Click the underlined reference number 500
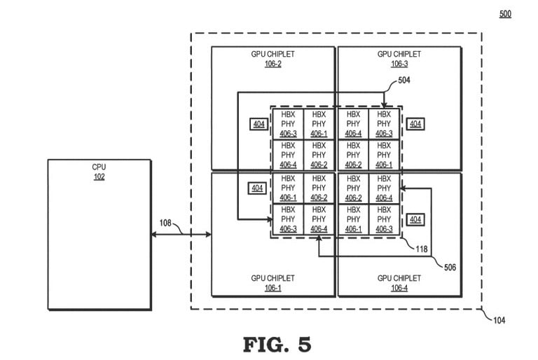pyautogui.click(x=505, y=14)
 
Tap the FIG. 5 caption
pyautogui.click(x=277, y=344)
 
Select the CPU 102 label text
pyautogui.click(x=99, y=172)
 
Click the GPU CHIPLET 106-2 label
pyautogui.click(x=273, y=59)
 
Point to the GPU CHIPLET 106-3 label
pyautogui.click(x=399, y=59)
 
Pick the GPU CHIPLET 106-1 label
pyautogui.click(x=273, y=283)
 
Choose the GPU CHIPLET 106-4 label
pyautogui.click(x=399, y=283)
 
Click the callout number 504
pyautogui.click(x=403, y=80)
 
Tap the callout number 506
pyautogui.click(x=450, y=267)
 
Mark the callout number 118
pyautogui.click(x=421, y=249)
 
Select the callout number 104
pyautogui.click(x=499, y=320)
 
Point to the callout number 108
pyautogui.click(x=165, y=223)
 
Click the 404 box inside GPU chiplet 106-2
pyautogui.click(x=258, y=124)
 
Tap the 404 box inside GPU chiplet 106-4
pyautogui.click(x=415, y=219)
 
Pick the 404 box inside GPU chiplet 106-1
pyautogui.click(x=257, y=188)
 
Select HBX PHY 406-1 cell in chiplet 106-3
pyautogui.click(x=384, y=155)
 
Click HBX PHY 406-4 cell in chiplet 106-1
pyautogui.click(x=319, y=220)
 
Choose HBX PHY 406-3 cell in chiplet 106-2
pyautogui.click(x=288, y=124)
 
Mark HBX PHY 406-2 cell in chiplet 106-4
pyautogui.click(x=353, y=188)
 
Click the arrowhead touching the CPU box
pyautogui.click(x=154, y=235)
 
